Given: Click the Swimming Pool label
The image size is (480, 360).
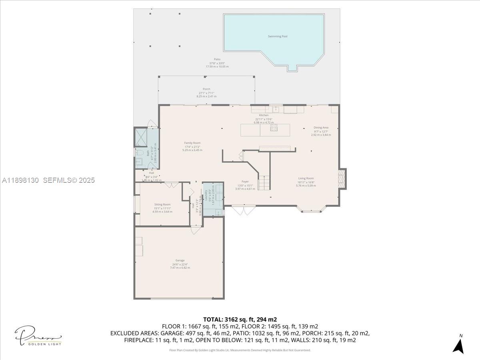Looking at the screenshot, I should coord(278,36).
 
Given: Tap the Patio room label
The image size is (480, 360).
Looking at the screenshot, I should coord(217,59).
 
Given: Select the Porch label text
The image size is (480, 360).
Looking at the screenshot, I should coord(206,89).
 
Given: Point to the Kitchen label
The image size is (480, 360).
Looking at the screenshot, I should coord(264,115).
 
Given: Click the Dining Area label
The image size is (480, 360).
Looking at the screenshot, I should coord(321,128).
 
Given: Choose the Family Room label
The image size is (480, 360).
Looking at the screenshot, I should coord(192,143).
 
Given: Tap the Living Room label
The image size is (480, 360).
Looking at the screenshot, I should coord(306,178).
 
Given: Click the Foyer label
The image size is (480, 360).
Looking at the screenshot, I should coord(245,182).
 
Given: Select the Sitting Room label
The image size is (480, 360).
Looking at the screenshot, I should coord(162,204).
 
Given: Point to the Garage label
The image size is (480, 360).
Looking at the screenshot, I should coord(180,260).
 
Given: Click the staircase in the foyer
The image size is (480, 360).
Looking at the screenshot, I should coord(264,182).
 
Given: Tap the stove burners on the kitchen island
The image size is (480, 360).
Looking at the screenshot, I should coord(274,128).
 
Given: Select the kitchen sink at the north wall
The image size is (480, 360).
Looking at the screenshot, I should coord(276,109).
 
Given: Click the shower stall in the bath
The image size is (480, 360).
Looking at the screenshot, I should coord(140,137).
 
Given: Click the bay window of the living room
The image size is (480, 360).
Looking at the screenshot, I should coord(311,209).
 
